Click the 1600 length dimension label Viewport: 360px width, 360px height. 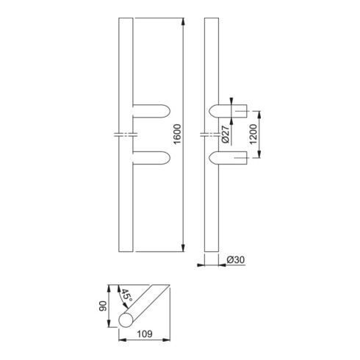pyautogui.click(x=178, y=134)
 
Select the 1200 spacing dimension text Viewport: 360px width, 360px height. pyautogui.click(x=253, y=134)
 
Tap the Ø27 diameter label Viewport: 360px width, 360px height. pyautogui.click(x=226, y=134)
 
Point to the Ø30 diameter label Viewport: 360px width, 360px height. pyautogui.click(x=236, y=260)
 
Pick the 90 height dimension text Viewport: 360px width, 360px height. pyautogui.click(x=103, y=306)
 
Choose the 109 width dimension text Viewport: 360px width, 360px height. pyautogui.click(x=145, y=334)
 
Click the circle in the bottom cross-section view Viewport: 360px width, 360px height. pyautogui.click(x=126, y=320)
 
